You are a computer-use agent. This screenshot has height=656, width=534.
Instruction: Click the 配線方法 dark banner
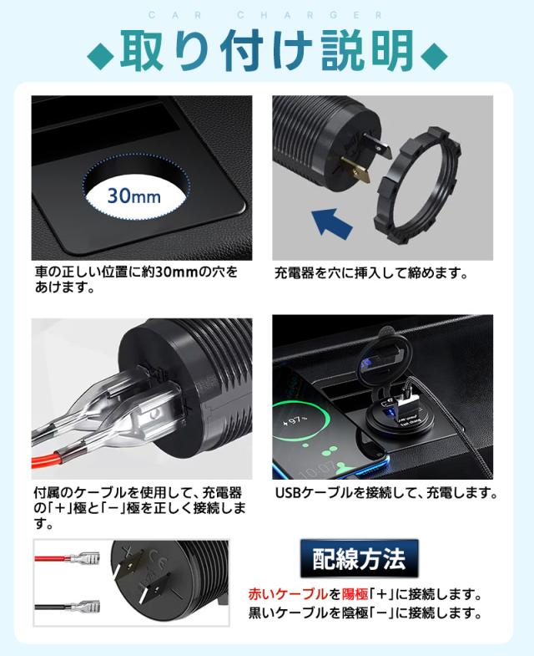[x=358, y=557]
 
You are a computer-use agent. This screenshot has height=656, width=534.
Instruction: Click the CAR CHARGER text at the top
[x=266, y=15]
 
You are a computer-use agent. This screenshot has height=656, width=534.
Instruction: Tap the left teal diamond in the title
[x=103, y=55]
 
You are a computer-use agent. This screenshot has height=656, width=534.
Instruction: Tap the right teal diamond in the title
[x=433, y=55]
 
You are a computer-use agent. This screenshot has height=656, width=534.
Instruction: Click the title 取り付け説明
[x=267, y=52]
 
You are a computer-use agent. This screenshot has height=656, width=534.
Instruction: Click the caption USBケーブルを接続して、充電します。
[x=385, y=493]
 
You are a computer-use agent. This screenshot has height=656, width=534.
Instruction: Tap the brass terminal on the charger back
[x=360, y=171]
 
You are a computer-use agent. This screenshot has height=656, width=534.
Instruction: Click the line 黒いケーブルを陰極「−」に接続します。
[x=366, y=614]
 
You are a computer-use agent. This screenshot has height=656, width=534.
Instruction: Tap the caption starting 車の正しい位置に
[x=135, y=279]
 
